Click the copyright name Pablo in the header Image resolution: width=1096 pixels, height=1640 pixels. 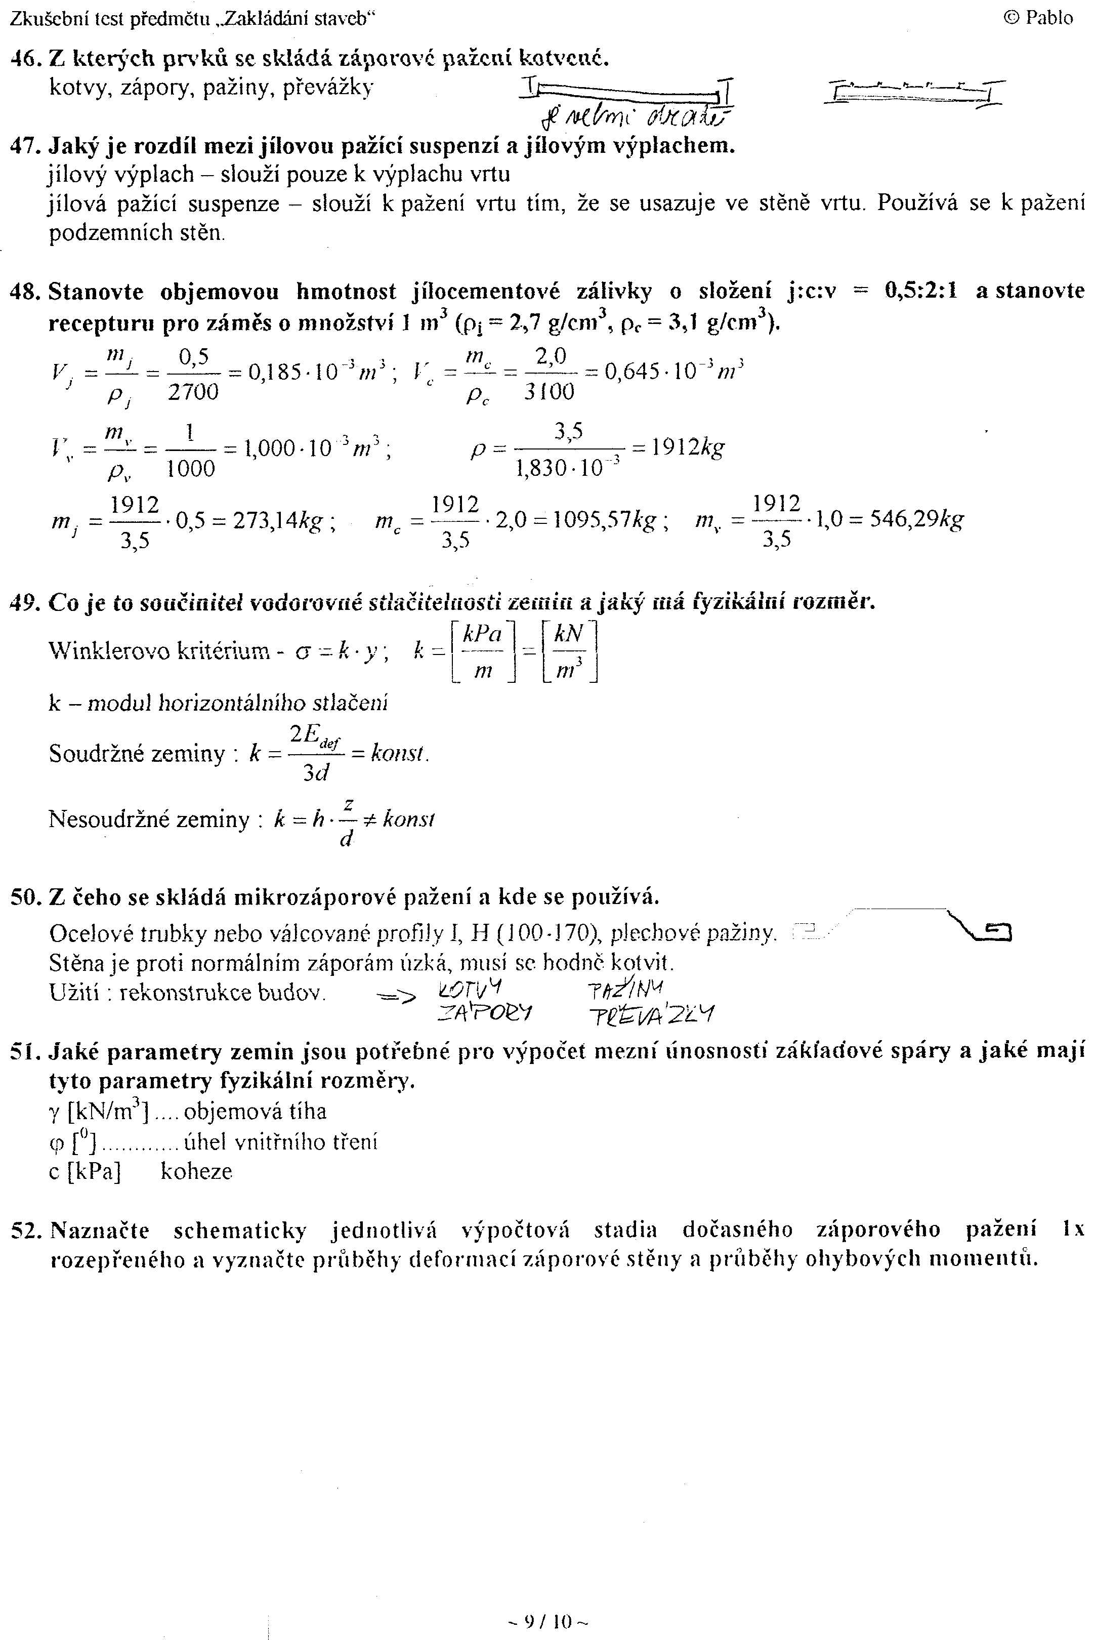[1048, 18]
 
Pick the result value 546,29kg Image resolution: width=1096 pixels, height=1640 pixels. [916, 520]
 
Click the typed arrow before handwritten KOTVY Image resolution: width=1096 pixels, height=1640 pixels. [395, 997]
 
